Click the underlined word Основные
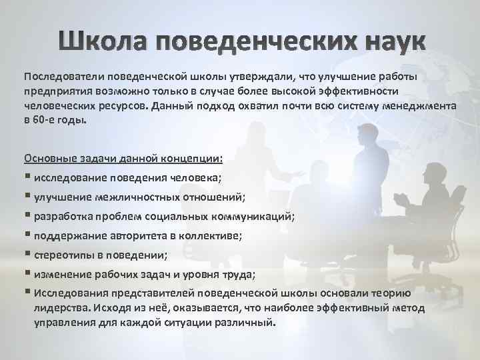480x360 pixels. pos(49,159)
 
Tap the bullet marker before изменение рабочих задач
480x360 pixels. pos(27,275)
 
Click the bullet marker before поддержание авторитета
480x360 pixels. pos(27,237)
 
